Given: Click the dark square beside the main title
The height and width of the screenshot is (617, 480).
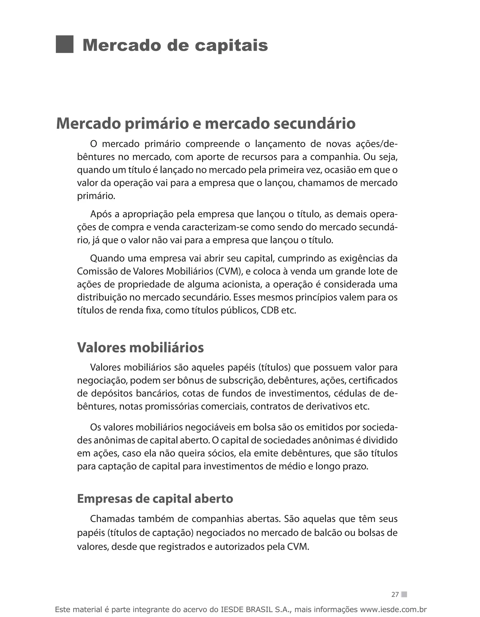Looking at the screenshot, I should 64,44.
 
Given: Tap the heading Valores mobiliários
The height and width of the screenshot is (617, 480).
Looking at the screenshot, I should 140,347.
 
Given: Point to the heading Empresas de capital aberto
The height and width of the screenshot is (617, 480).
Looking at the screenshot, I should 155,499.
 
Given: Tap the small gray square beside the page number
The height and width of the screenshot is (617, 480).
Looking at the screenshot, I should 404,594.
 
